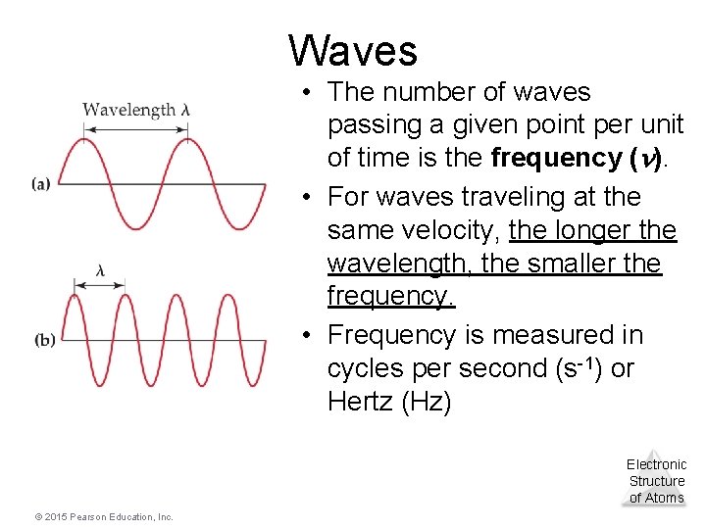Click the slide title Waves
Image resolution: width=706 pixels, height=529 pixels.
353,50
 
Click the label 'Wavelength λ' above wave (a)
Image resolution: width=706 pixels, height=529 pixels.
135,110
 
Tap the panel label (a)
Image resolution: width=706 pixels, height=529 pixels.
41,183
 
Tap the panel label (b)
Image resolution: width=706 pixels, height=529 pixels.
45,340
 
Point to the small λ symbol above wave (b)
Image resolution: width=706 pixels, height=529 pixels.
100,269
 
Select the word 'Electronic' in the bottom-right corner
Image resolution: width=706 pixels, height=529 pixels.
656,464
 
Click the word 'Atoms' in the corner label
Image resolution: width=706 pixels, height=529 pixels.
665,498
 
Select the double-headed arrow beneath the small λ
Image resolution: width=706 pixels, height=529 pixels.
99,285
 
